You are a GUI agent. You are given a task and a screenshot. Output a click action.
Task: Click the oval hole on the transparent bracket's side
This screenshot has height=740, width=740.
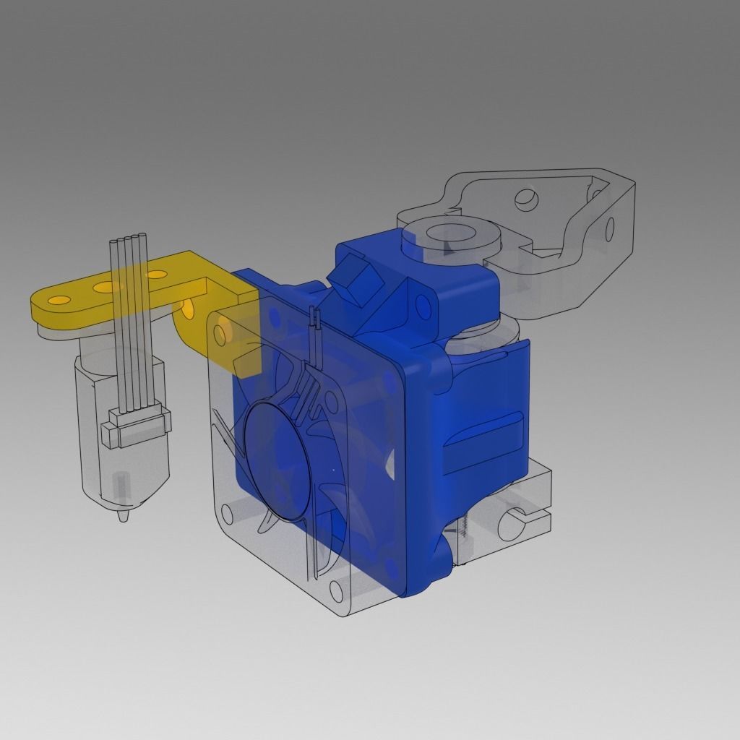[x=609, y=229]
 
